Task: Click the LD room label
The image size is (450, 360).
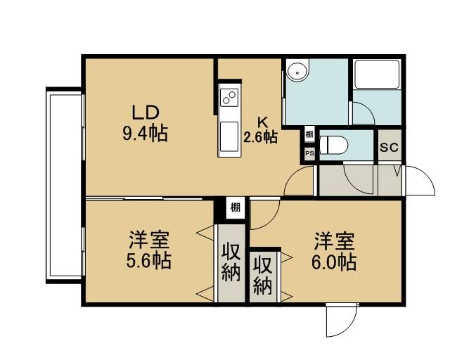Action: point(145,112)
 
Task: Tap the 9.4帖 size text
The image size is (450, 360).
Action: point(145,133)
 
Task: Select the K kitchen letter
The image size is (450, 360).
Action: point(262,122)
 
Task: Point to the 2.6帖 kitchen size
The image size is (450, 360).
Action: point(260,137)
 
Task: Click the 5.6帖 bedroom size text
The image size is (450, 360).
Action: point(148,260)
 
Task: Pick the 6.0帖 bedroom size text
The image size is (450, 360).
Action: point(334,262)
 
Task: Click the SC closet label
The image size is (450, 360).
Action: point(389,148)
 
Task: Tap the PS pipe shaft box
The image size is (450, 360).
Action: point(309,153)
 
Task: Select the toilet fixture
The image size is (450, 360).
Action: point(333,145)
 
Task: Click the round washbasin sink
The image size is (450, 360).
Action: point(297,70)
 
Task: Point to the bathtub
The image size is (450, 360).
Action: point(377,74)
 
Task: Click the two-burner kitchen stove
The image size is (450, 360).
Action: point(229,97)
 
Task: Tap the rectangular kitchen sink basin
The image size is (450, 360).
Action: point(229,136)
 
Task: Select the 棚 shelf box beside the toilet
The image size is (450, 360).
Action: point(309,134)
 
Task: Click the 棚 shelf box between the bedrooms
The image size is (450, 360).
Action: point(236,207)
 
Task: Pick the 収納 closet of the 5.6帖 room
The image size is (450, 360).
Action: point(231,263)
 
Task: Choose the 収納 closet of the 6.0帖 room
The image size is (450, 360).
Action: point(263,276)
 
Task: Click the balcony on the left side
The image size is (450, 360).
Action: point(64,186)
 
